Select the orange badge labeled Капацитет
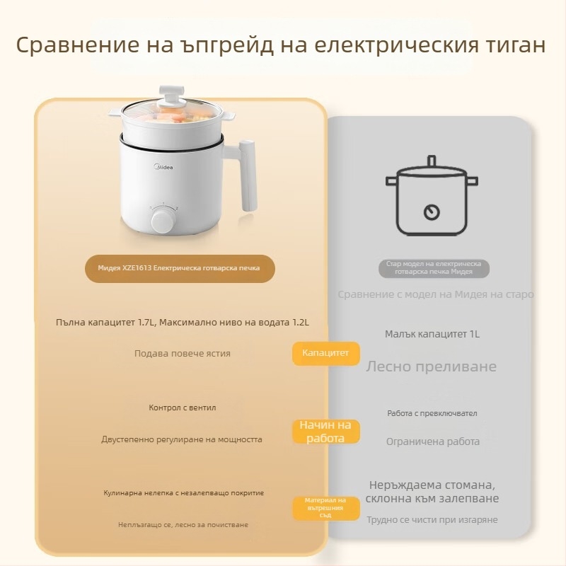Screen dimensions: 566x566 pyautogui.click(x=325, y=353)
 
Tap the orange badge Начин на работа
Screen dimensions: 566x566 pyautogui.click(x=325, y=432)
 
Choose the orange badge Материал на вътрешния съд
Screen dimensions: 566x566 pyautogui.click(x=325, y=508)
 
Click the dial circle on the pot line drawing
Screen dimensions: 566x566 pyautogui.click(x=430, y=212)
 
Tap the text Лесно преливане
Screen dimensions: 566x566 pyautogui.click(x=431, y=366)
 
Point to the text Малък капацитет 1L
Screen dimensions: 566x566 pyautogui.click(x=432, y=334)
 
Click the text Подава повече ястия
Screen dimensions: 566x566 pyautogui.click(x=183, y=353)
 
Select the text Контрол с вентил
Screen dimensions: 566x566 pyautogui.click(x=183, y=408)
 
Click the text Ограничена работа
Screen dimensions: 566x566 pyautogui.click(x=432, y=441)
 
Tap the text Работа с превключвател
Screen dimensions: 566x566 pyautogui.click(x=432, y=413)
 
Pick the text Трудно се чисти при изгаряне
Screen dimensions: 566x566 pyautogui.click(x=432, y=519)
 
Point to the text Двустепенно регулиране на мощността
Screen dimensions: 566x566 pyautogui.click(x=182, y=439)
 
